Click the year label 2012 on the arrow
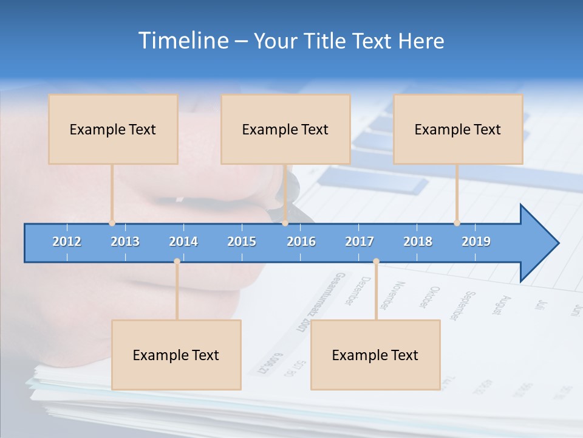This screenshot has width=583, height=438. pyautogui.click(x=67, y=242)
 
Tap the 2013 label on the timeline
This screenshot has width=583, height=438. pyautogui.click(x=125, y=242)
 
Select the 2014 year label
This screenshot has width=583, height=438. pyautogui.click(x=183, y=242)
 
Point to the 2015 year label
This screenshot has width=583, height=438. pyautogui.click(x=242, y=242)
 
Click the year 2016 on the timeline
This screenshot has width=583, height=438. pyautogui.click(x=301, y=242)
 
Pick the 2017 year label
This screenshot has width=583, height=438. pyautogui.click(x=360, y=242)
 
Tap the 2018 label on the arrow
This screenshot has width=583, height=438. pyautogui.click(x=418, y=242)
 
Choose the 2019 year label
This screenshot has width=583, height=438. pyautogui.click(x=476, y=242)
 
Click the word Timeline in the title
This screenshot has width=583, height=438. pyautogui.click(x=183, y=41)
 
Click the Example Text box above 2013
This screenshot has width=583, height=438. pyautogui.click(x=113, y=129)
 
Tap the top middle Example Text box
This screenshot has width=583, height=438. pyautogui.click(x=285, y=129)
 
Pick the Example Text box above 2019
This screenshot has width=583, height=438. pyautogui.click(x=458, y=129)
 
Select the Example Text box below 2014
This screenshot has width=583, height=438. pyautogui.click(x=176, y=355)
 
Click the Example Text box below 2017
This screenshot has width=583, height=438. pyautogui.click(x=375, y=355)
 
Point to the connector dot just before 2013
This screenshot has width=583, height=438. pyautogui.click(x=112, y=223)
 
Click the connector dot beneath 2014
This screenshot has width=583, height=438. pyautogui.click(x=177, y=261)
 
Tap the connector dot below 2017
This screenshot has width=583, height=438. pyautogui.click(x=376, y=261)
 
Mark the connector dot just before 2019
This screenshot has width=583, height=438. pyautogui.click(x=457, y=223)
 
